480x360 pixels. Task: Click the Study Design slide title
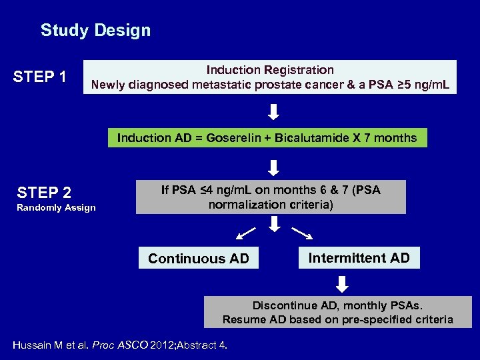tap(95, 31)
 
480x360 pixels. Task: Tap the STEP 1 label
tap(40, 77)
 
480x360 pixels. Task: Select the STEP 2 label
tap(44, 193)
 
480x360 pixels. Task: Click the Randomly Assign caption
tap(57, 208)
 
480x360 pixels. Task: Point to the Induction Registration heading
tap(270, 70)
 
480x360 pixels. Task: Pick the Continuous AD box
tap(199, 259)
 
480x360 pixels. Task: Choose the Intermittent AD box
tap(359, 258)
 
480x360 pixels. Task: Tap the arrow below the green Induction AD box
tap(274, 166)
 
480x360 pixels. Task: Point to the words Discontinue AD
tap(285, 306)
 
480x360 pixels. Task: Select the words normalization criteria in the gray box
tap(270, 205)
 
